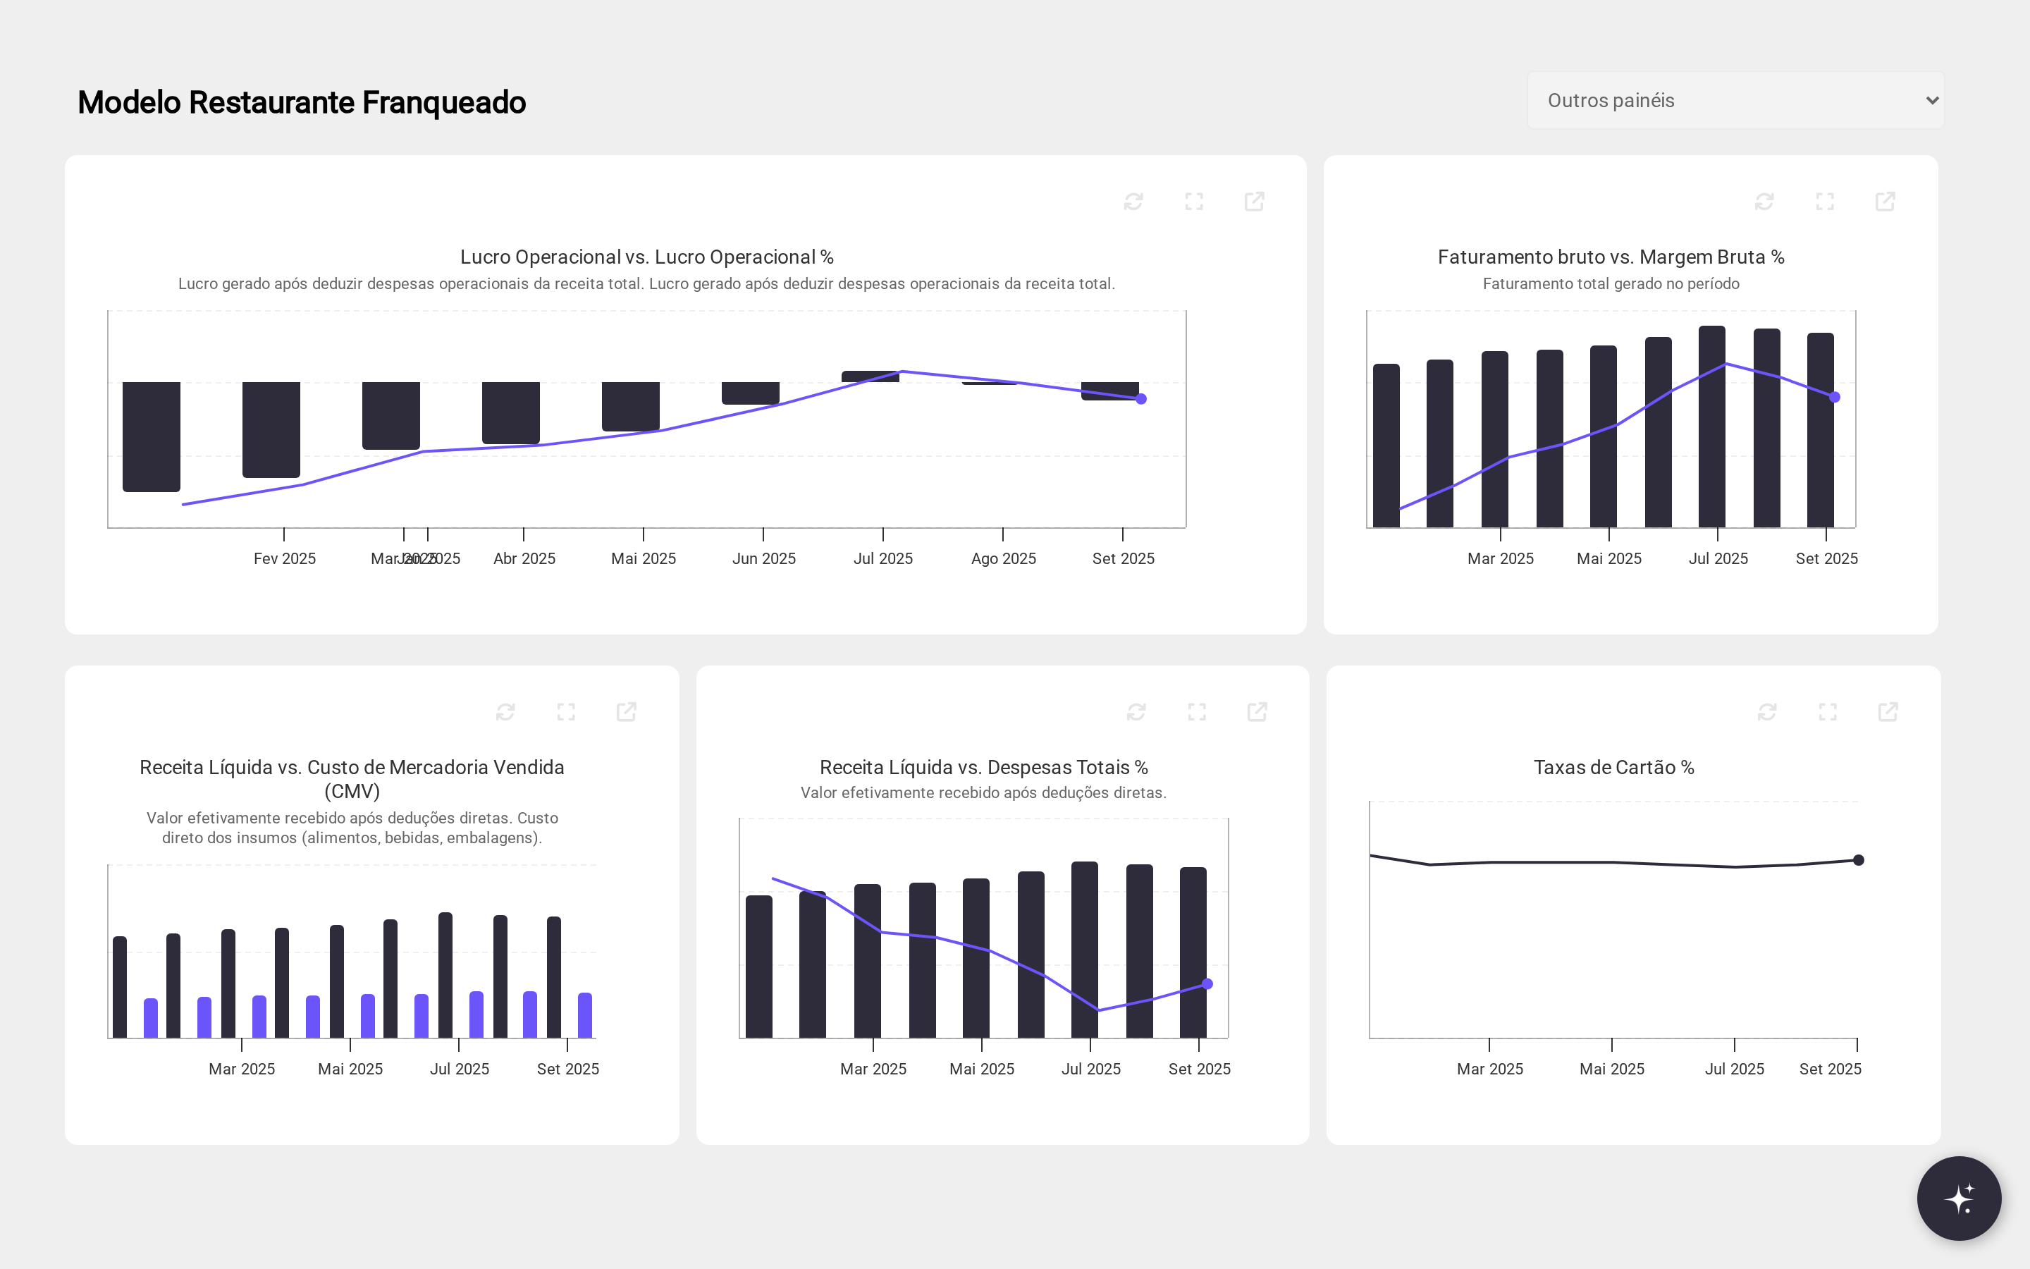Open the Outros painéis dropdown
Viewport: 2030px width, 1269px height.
pos(1735,101)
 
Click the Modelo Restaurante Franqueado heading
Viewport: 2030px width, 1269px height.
pos(301,102)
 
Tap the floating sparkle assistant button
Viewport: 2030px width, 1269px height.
pos(1959,1198)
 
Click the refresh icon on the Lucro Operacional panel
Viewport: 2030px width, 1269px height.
pos(1133,202)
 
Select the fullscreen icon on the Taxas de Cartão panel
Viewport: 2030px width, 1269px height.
pos(1827,712)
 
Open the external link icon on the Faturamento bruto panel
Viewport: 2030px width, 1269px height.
pos(1885,202)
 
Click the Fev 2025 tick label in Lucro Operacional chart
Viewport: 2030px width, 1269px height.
pos(284,558)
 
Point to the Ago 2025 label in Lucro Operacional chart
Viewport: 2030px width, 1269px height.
pos(1003,558)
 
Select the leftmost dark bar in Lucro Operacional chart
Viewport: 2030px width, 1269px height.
pos(151,436)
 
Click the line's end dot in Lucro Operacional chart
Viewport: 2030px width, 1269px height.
pos(1141,398)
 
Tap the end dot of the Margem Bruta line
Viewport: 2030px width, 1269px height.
pos(1835,397)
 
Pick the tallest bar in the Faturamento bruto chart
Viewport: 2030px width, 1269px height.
pos(1711,427)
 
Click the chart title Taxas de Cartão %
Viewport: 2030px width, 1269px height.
pos(1613,767)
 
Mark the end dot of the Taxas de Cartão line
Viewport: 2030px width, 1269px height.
pos(1858,859)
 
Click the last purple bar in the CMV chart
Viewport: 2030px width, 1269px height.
pos(584,1015)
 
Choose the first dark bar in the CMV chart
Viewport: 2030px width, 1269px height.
pos(120,987)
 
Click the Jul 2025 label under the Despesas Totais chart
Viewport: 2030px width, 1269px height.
pos(1090,1068)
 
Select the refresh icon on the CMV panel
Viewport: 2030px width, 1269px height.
pos(505,712)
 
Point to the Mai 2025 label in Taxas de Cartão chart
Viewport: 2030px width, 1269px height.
pos(1611,1068)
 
